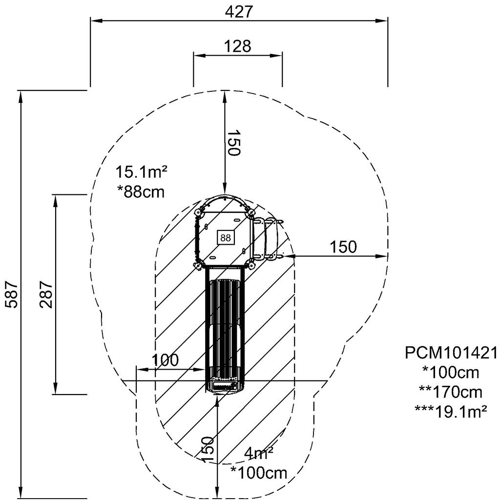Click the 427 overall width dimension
pyautogui.click(x=239, y=12)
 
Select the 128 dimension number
pyautogui.click(x=237, y=46)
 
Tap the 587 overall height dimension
pyautogui.click(x=13, y=294)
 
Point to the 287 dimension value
pyautogui.click(x=46, y=294)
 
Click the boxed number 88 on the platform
pyautogui.click(x=226, y=238)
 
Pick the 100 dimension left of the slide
pyautogui.click(x=165, y=360)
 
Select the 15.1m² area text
pyautogui.click(x=142, y=172)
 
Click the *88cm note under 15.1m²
pyautogui.click(x=141, y=192)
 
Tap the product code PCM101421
pyautogui.click(x=451, y=353)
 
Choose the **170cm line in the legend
pyautogui.click(x=451, y=392)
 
